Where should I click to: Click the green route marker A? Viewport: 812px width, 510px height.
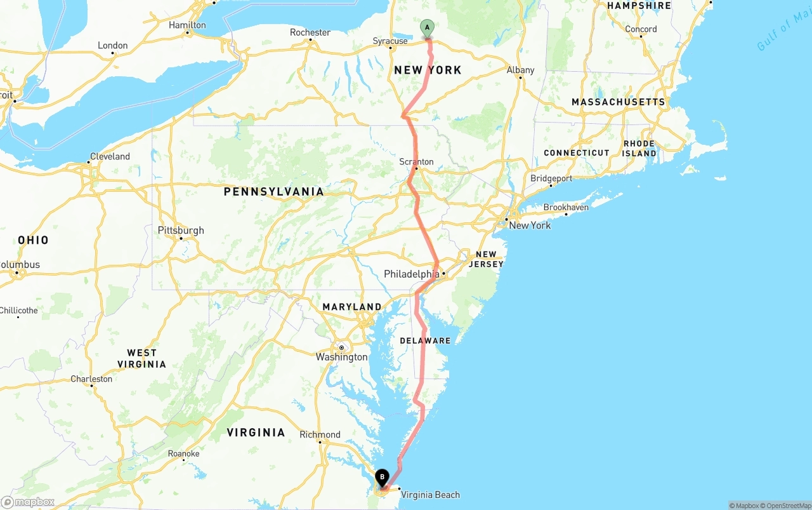tap(427, 28)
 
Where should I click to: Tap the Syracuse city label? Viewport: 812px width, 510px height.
tap(390, 41)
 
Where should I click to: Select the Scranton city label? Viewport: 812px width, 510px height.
tap(416, 162)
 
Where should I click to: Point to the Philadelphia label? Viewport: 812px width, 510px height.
tap(411, 274)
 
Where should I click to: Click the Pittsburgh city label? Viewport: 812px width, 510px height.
tap(181, 231)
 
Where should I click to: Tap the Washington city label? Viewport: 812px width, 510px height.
tap(342, 357)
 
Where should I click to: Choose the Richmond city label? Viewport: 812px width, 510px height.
tap(320, 435)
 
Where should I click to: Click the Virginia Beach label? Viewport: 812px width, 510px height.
tap(430, 495)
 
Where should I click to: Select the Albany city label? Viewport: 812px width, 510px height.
tap(520, 70)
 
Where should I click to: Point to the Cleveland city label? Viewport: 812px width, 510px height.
tap(110, 156)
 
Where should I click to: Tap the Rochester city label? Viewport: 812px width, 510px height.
tap(310, 32)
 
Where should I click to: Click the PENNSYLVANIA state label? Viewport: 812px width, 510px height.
tap(273, 191)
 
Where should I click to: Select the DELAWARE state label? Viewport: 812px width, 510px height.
tap(425, 341)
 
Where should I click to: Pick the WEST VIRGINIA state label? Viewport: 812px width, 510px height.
tap(141, 358)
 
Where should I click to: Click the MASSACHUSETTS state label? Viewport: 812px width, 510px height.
tap(618, 102)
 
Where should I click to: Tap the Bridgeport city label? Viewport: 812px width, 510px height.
tap(551, 178)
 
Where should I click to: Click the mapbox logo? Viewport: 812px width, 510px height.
tap(28, 502)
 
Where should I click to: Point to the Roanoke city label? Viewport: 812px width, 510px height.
tap(183, 453)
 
